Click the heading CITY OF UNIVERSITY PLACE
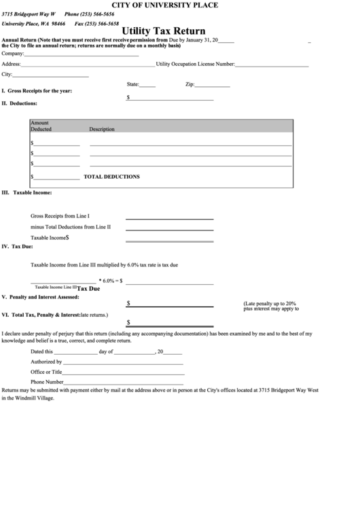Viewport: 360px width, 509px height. click(179, 5)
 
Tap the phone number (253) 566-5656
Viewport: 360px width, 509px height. click(89, 14)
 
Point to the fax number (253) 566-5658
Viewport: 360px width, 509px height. click(92, 23)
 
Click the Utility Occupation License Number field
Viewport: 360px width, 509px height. click(272, 65)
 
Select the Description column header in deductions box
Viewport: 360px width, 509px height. click(102, 129)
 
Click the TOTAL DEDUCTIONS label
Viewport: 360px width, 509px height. click(111, 177)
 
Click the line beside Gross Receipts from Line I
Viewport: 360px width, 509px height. click(169, 218)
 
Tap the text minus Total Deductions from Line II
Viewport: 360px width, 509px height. click(71, 226)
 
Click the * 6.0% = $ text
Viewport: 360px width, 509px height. click(111, 280)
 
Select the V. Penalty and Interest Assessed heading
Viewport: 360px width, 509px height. click(41, 297)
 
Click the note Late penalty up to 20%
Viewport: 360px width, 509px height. click(270, 303)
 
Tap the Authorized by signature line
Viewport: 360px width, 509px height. click(124, 364)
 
